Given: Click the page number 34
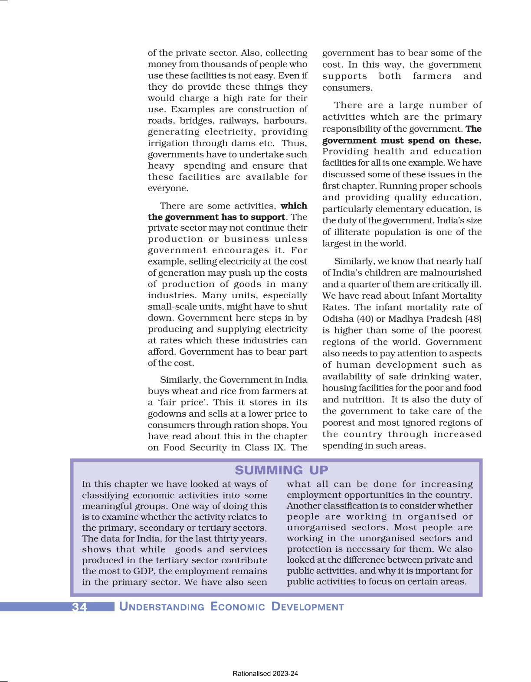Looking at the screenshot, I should click(x=79, y=607).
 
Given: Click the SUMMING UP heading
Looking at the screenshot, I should click(x=282, y=470).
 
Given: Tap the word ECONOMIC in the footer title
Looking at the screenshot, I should click(x=238, y=607).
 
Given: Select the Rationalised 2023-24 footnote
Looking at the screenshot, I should click(x=265, y=674).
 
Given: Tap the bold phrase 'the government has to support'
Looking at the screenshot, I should click(x=216, y=217).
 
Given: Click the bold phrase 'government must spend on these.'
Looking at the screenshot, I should click(x=401, y=140).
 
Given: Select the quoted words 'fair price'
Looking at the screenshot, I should click(x=184, y=402).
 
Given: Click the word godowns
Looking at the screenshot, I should click(x=167, y=414).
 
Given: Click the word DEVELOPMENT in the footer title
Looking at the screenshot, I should click(x=307, y=607).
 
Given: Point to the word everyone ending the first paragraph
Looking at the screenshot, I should click(x=167, y=189).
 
